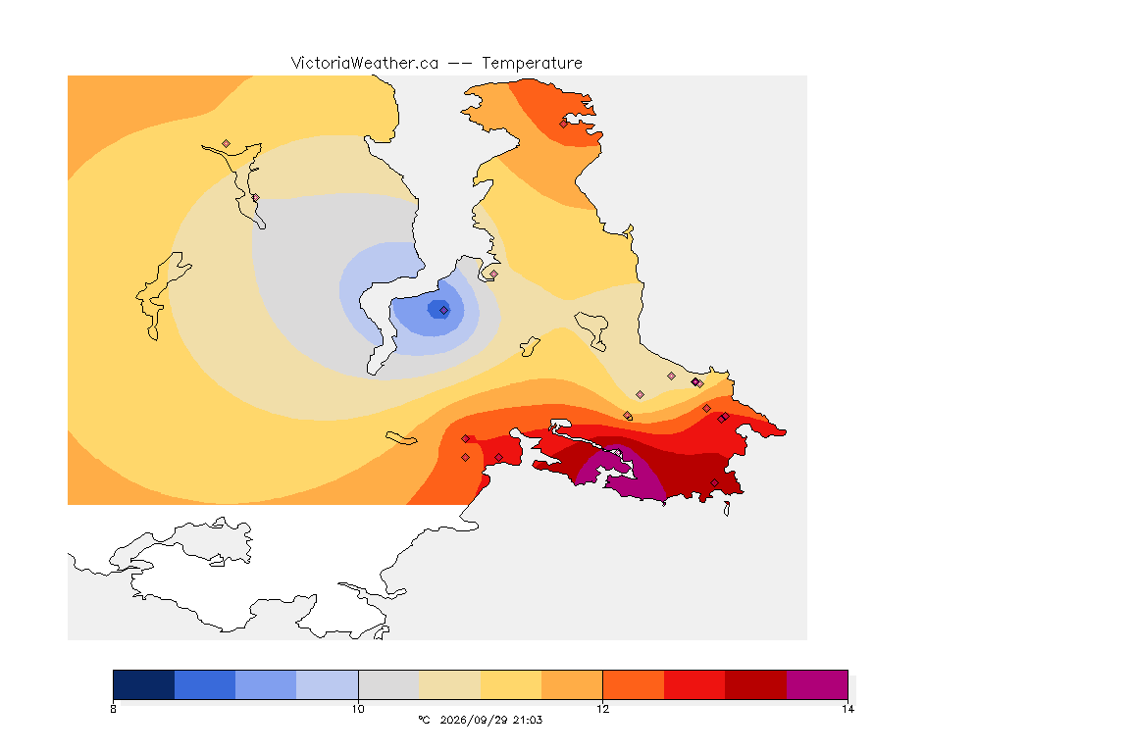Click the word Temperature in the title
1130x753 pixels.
pos(532,64)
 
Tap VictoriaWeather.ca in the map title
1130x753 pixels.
pos(365,64)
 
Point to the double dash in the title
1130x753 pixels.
pos(460,64)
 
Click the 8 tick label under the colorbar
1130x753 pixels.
pos(113,709)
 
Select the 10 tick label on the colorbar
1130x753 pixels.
pos(358,709)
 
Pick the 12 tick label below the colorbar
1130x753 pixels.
pos(602,709)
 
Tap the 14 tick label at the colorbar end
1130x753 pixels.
pos(847,709)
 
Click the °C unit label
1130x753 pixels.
pos(424,720)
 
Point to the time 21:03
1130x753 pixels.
pos(528,720)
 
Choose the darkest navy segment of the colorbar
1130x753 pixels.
pos(144,684)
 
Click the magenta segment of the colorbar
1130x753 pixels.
pos(816,684)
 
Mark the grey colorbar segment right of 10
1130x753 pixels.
pos(388,684)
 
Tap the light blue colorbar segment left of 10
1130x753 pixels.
pos(328,684)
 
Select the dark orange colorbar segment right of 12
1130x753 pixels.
pos(633,684)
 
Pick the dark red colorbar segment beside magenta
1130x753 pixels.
pos(755,684)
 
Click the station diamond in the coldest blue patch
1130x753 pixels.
pos(444,311)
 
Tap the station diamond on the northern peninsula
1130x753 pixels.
pos(564,124)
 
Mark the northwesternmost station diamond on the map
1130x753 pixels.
pos(227,144)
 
